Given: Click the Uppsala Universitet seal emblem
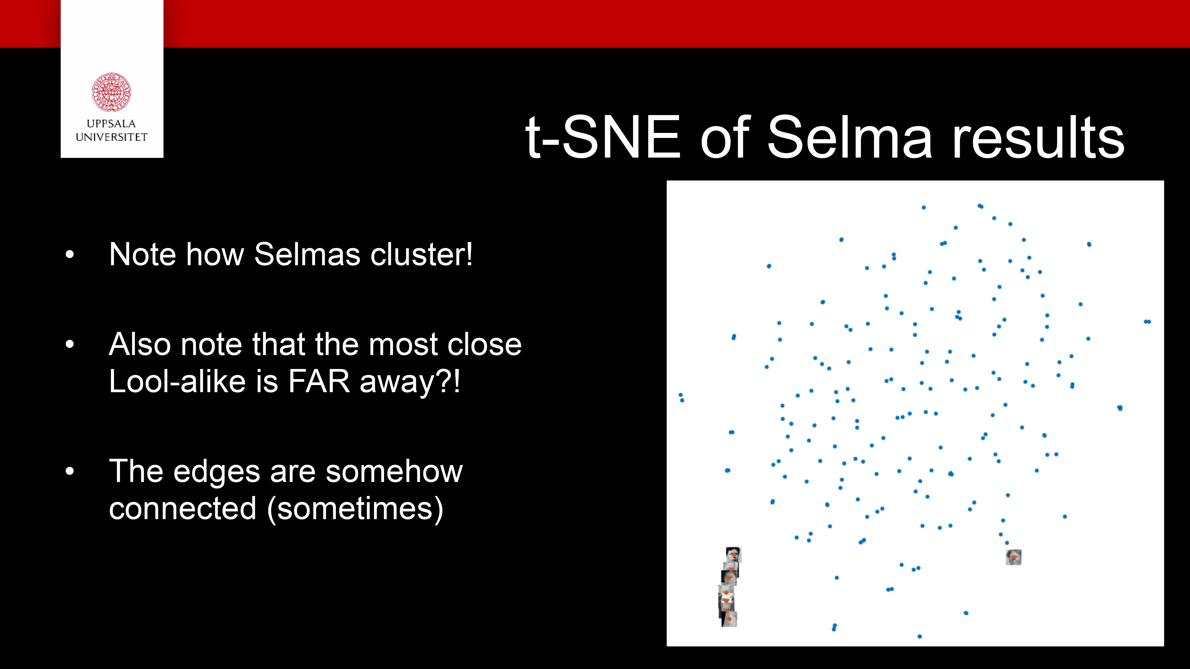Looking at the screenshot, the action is click(111, 92).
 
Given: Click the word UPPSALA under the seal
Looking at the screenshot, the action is click(111, 124).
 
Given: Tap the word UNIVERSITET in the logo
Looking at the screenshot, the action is click(111, 137).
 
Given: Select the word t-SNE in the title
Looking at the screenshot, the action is click(603, 137).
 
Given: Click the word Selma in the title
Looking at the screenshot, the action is click(850, 137).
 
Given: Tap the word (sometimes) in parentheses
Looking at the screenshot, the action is click(355, 509).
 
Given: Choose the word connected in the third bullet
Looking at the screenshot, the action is click(182, 509).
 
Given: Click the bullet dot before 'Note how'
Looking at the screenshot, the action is click(70, 255).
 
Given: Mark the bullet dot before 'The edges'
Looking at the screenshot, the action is click(70, 471).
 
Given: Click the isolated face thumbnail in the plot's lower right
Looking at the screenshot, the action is click(1014, 557).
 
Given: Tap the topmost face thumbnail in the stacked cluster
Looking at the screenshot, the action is click(733, 554).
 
